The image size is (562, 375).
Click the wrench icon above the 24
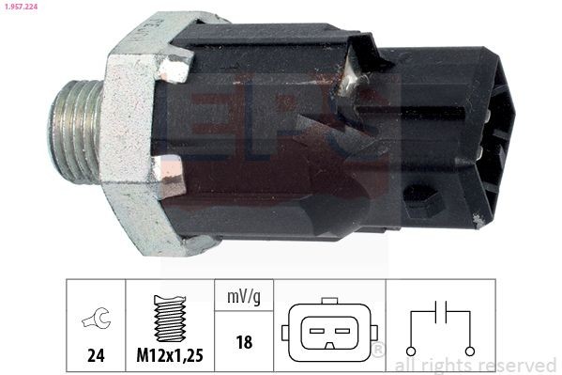click(96, 320)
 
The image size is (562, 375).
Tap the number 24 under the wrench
click(96, 356)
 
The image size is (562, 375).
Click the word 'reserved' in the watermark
click(517, 366)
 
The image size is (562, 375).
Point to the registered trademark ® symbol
click(379, 351)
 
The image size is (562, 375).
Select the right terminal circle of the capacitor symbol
click(471, 351)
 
